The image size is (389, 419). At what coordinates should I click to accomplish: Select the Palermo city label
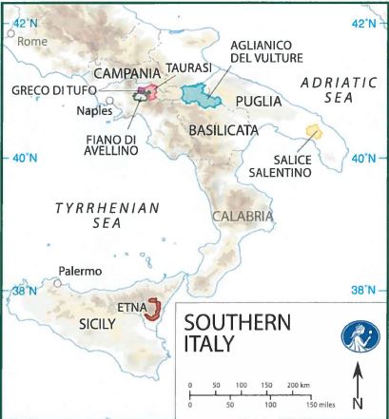[x=80, y=271]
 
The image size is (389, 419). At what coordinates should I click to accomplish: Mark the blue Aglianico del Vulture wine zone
[x=200, y=95]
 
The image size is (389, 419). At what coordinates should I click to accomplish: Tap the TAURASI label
[x=181, y=67]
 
